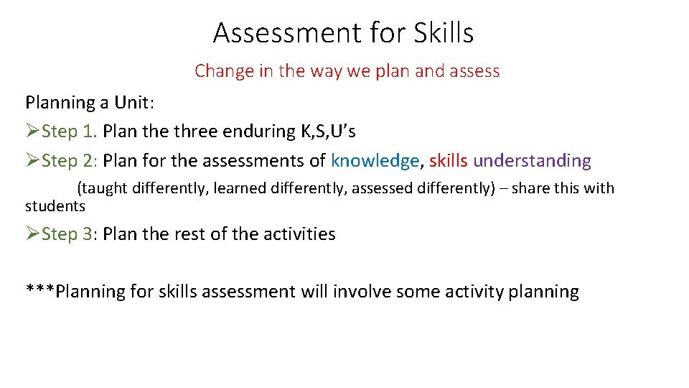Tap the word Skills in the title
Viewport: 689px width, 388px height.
point(443,33)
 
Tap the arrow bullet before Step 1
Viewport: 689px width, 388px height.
point(33,131)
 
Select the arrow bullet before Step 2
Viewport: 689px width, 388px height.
point(33,161)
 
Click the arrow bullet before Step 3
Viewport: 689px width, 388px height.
point(33,234)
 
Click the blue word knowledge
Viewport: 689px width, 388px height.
point(375,161)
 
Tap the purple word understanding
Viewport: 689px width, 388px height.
point(533,161)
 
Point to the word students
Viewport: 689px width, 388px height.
point(55,206)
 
